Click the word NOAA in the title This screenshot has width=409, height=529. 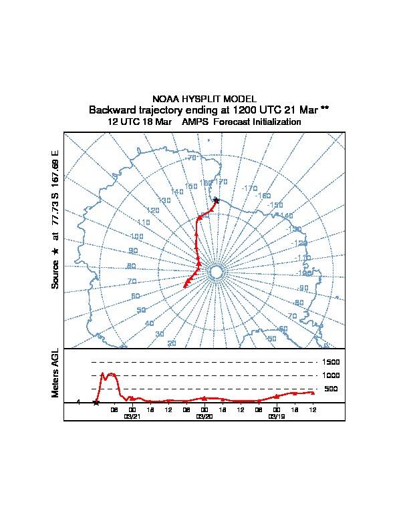coord(166,99)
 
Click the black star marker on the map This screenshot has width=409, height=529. coord(216,200)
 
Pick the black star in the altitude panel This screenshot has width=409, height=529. coord(96,402)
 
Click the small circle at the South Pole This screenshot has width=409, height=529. coord(216,272)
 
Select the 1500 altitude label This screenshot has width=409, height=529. coord(332,362)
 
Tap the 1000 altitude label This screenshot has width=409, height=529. coord(332,375)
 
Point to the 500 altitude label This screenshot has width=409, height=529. coord(331,389)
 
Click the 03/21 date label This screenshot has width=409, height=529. coord(132,416)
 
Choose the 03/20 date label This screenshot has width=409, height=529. coord(204,416)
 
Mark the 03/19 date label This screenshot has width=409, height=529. coord(276,416)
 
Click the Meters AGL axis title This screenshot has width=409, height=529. coord(55,373)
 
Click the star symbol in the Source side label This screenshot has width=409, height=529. coord(55,251)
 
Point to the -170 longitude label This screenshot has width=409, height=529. coord(249,189)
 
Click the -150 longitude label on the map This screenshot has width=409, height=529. coord(275,206)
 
